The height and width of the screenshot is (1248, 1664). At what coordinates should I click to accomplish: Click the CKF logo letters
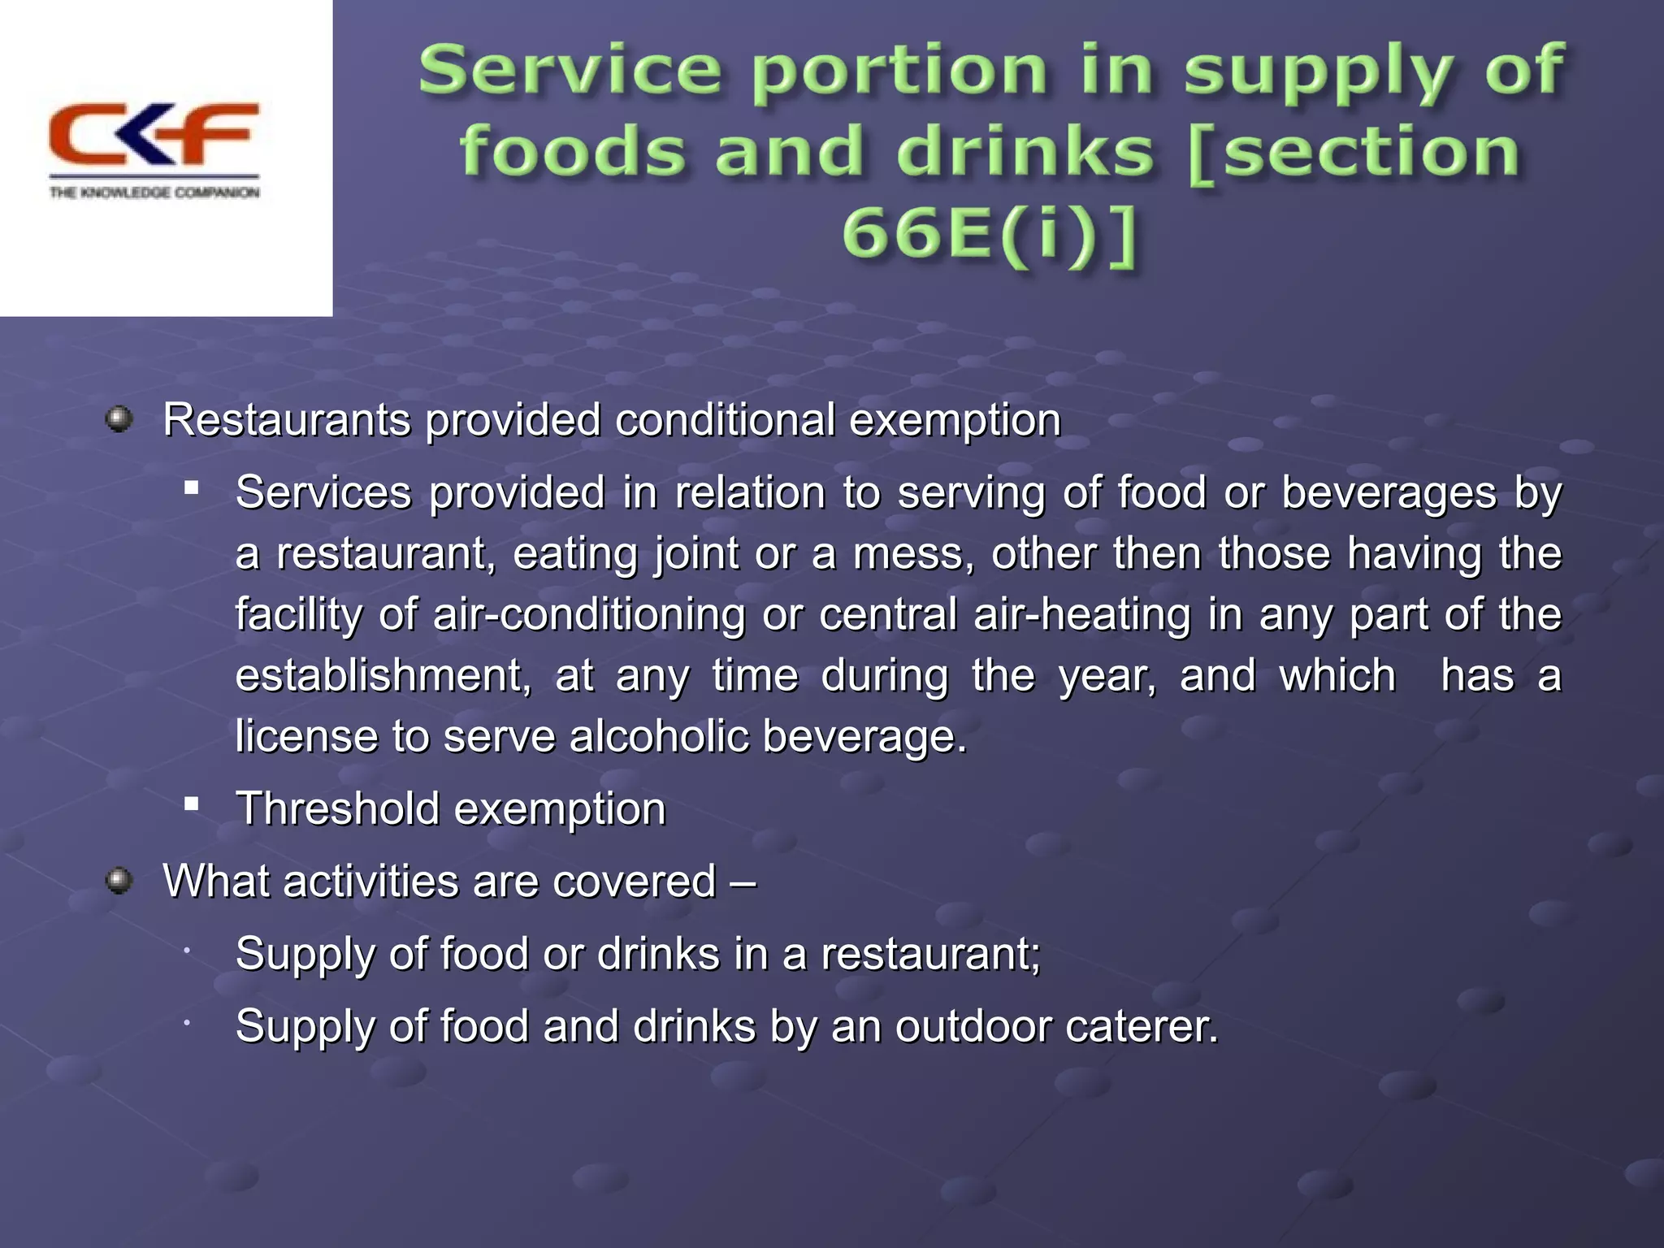click(154, 134)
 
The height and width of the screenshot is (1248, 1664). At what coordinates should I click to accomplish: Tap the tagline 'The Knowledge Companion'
click(154, 193)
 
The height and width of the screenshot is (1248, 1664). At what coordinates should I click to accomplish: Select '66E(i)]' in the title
click(989, 235)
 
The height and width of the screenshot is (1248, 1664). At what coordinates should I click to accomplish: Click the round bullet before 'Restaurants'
click(119, 420)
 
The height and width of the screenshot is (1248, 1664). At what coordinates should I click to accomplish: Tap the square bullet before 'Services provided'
click(192, 487)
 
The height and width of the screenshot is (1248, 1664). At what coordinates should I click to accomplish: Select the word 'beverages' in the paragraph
click(1389, 492)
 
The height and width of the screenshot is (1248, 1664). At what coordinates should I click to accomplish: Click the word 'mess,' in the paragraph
click(913, 553)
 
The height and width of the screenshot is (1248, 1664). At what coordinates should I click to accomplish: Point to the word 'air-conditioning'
click(589, 614)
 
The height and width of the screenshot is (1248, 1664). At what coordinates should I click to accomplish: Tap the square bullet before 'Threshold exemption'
click(192, 804)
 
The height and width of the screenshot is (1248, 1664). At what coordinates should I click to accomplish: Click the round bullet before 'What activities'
click(119, 881)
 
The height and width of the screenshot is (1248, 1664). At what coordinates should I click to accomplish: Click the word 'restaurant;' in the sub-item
click(930, 953)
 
